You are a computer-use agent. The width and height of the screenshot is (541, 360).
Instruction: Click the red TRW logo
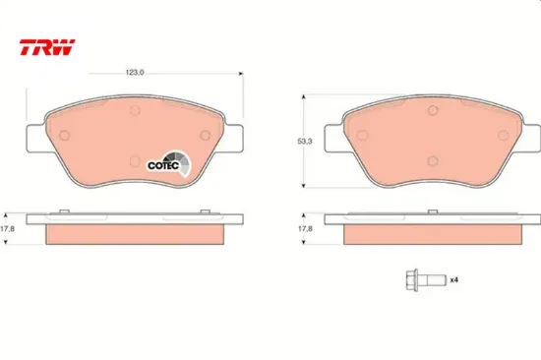(x=47, y=47)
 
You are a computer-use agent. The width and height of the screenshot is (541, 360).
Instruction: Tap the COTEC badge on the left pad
(x=169, y=163)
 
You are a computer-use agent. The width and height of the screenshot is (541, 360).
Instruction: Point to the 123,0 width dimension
(x=135, y=73)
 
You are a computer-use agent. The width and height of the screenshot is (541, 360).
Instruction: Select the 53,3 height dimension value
(x=305, y=142)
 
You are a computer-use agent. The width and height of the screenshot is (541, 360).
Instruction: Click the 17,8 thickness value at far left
(x=7, y=228)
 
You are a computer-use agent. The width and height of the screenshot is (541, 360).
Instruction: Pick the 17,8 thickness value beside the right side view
(x=305, y=228)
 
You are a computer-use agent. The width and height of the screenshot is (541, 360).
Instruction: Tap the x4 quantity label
(x=454, y=279)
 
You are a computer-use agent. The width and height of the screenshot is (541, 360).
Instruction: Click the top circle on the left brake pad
(x=135, y=110)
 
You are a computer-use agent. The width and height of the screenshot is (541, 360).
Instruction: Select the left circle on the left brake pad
(x=64, y=136)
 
